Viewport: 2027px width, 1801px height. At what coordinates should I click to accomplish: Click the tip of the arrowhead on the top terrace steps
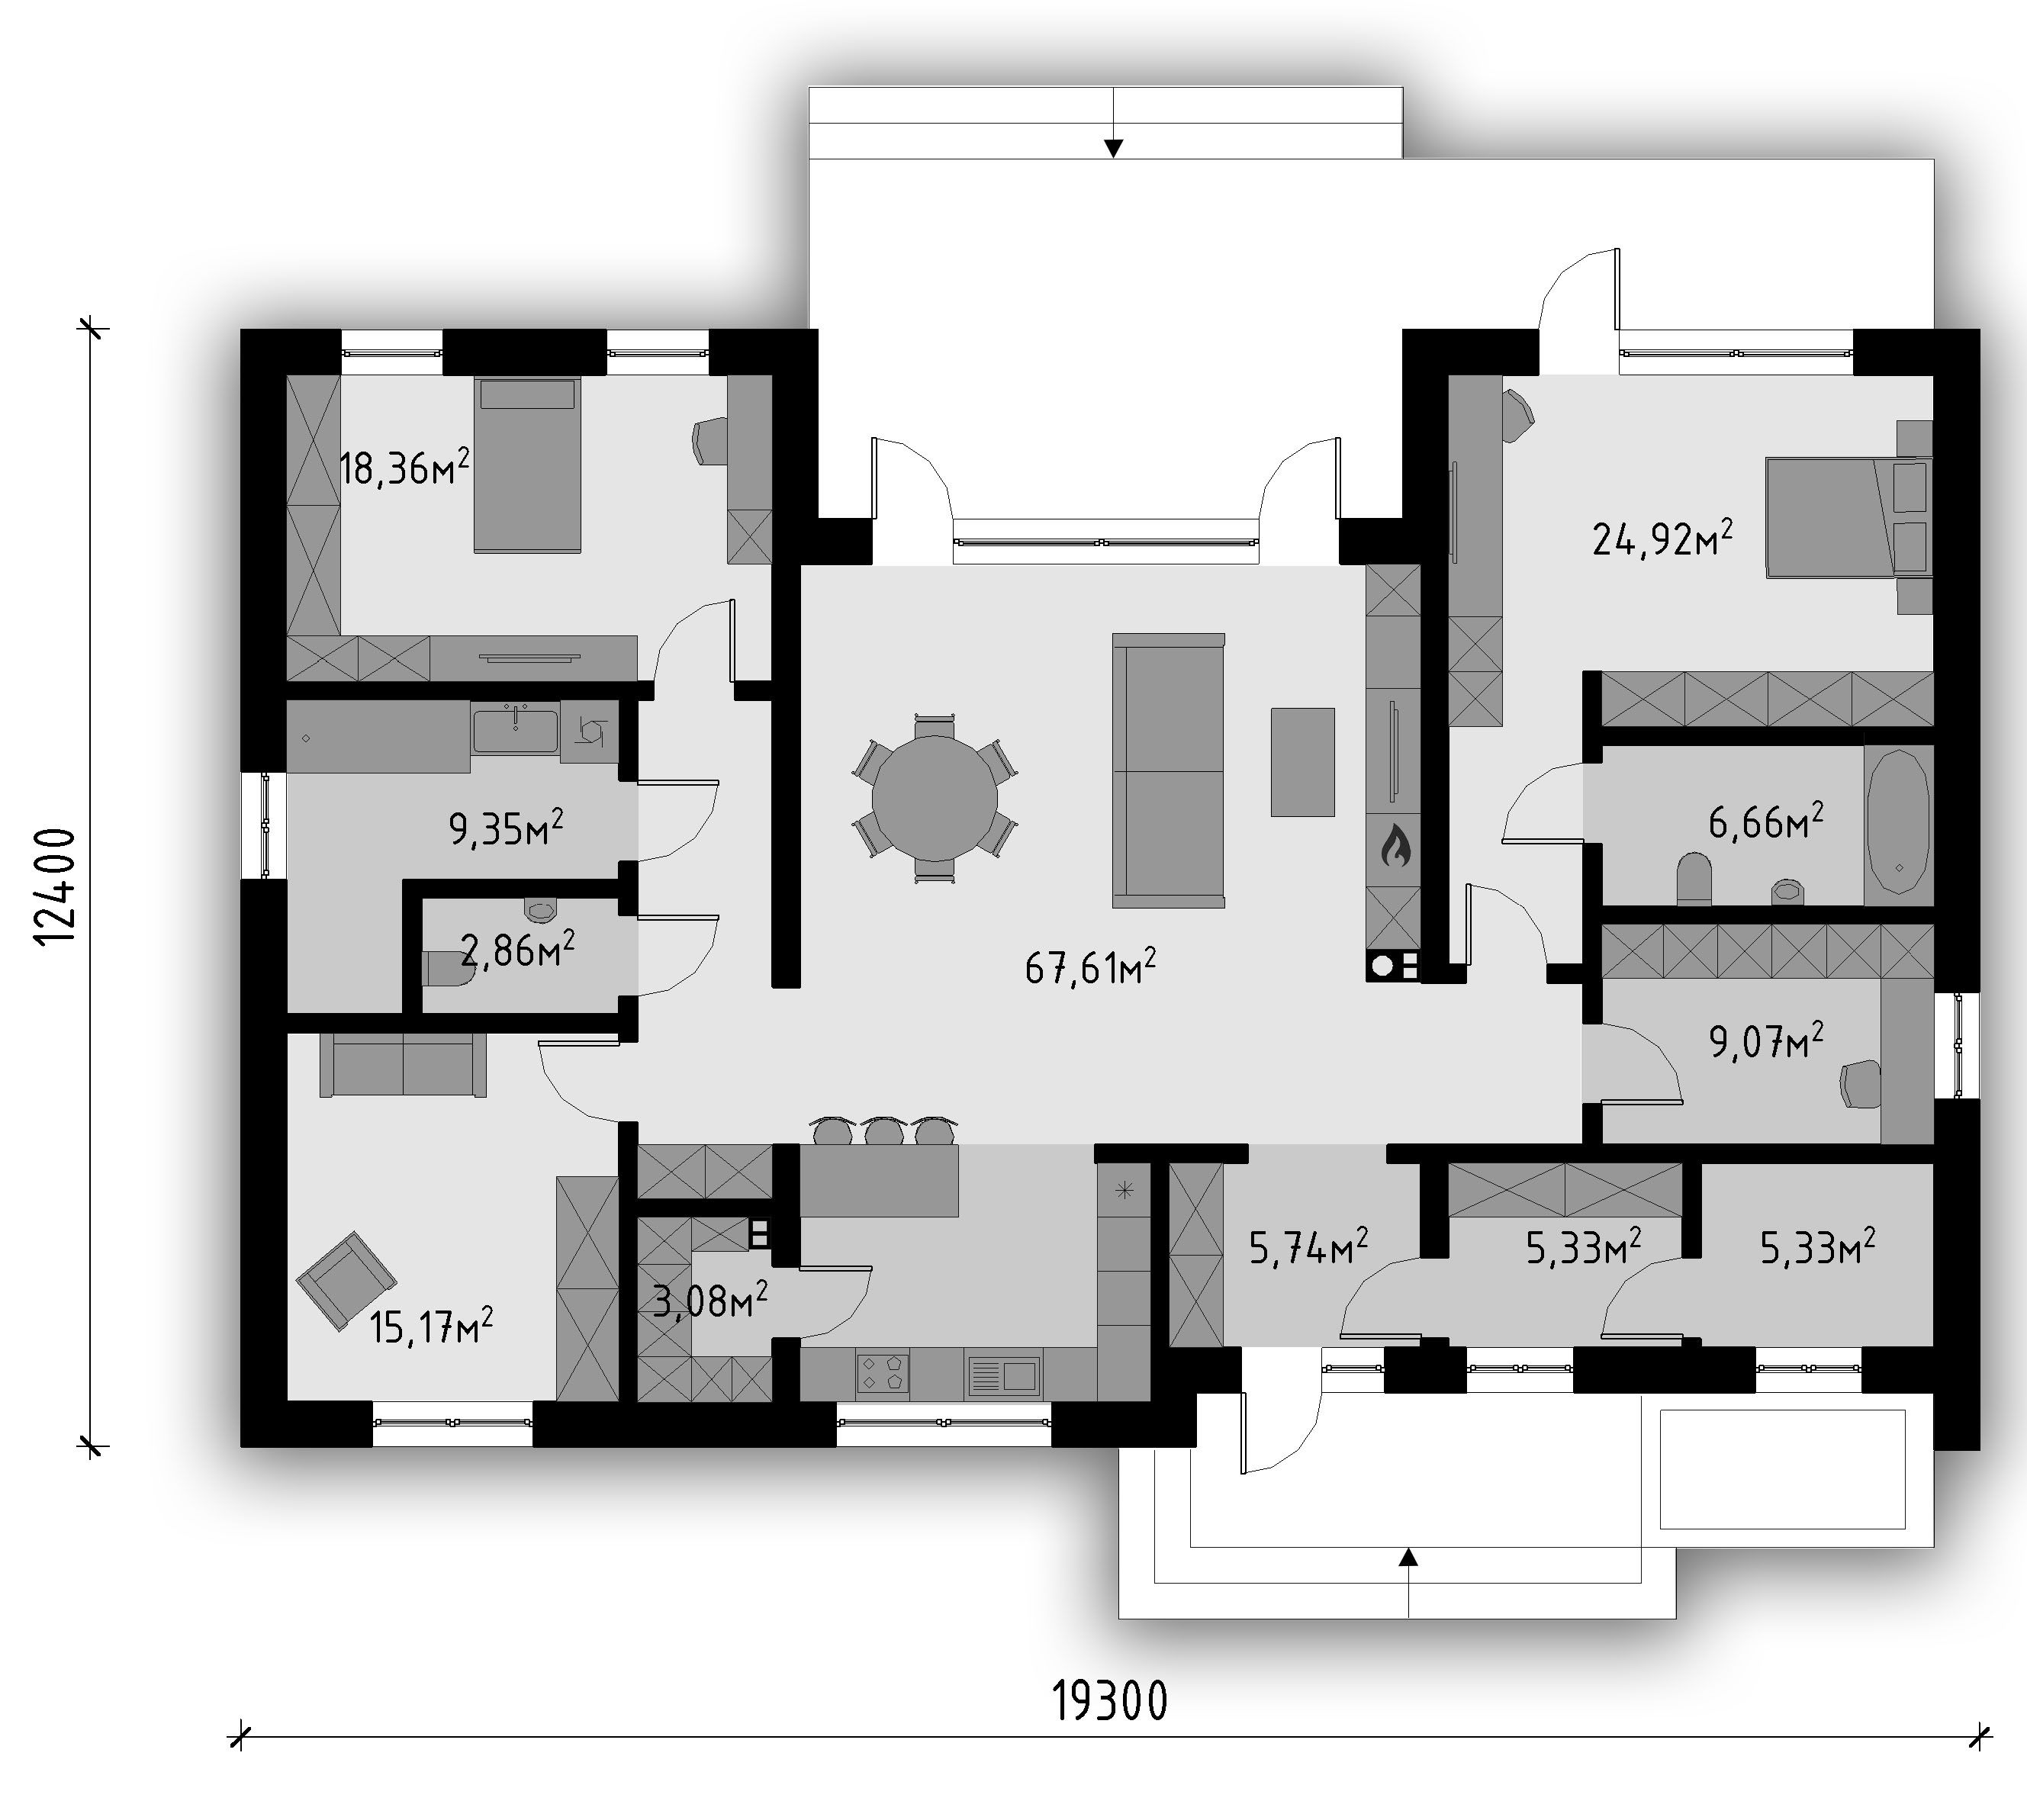pos(1114,156)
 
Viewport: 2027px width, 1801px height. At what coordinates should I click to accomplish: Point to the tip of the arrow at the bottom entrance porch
pos(1408,1548)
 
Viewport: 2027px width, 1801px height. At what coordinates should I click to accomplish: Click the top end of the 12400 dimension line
pos(92,328)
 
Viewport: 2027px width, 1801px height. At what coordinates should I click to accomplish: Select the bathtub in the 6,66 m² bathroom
pos(1898,826)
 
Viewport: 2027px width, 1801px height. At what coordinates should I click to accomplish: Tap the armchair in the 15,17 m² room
pos(346,1280)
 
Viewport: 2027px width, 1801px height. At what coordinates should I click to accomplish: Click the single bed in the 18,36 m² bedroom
pos(526,465)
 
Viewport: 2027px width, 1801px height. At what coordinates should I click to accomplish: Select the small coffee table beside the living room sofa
pos(1303,761)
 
